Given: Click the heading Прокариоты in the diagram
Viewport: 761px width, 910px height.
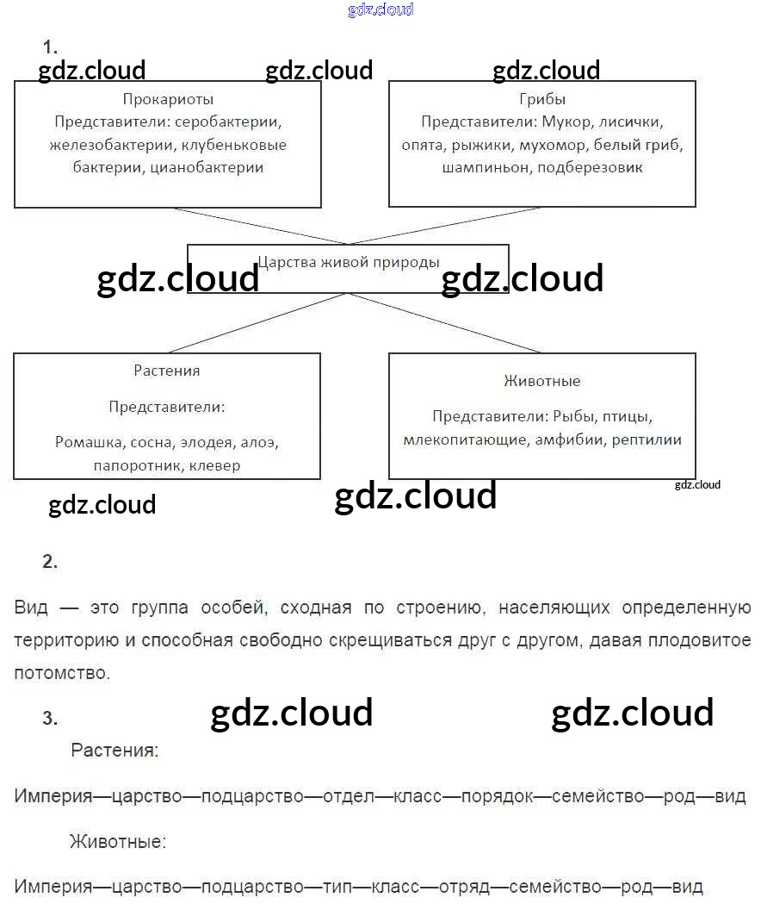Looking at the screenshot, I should (x=168, y=99).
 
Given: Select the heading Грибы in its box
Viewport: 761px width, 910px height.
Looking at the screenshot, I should (x=542, y=99).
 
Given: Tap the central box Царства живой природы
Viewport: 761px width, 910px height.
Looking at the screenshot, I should (x=348, y=262).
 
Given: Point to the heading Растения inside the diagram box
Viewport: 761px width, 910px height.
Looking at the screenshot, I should (x=167, y=371).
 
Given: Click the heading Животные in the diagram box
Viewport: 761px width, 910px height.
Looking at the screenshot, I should (x=542, y=381).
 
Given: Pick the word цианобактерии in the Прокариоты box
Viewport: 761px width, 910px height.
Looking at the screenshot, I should (x=207, y=167).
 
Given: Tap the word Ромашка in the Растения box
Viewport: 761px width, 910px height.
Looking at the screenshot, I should (x=89, y=443).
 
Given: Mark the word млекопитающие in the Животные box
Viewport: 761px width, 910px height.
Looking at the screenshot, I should (x=465, y=439).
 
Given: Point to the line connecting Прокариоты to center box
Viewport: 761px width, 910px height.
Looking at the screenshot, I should (x=258, y=226).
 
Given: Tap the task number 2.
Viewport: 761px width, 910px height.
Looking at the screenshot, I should (x=50, y=562).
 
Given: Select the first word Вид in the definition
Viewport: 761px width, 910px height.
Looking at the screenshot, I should (x=31, y=608).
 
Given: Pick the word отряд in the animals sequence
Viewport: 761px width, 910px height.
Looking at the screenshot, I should (x=464, y=885).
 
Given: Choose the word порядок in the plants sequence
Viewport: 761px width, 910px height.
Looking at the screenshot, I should (x=497, y=795).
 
